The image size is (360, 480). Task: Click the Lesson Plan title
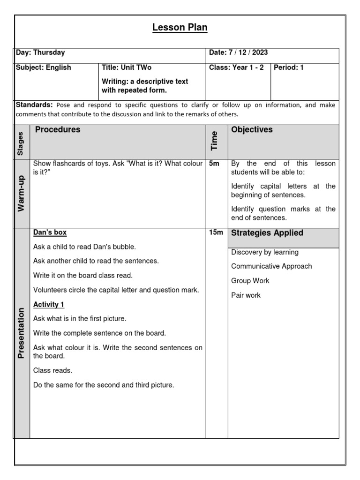[180, 28]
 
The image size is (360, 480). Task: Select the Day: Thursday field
[40, 53]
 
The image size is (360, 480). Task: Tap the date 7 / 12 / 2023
[239, 53]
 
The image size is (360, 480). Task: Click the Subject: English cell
[44, 67]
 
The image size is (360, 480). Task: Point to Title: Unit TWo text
[127, 67]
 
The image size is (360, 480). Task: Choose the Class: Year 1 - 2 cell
[236, 67]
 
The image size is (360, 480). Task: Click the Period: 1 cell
[289, 67]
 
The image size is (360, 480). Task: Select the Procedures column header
[58, 130]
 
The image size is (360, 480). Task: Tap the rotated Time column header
[215, 141]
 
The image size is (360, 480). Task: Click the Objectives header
[252, 130]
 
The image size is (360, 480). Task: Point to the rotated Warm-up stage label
[21, 193]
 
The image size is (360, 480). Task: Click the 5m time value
[214, 164]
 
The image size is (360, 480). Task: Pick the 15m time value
[216, 233]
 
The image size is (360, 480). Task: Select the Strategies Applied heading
[267, 233]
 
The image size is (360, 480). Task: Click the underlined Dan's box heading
[50, 232]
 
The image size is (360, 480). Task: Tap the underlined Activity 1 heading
[49, 305]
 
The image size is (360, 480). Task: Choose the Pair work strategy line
[246, 295]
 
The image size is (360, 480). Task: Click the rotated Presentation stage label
[21, 333]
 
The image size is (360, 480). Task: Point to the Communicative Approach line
[271, 266]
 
